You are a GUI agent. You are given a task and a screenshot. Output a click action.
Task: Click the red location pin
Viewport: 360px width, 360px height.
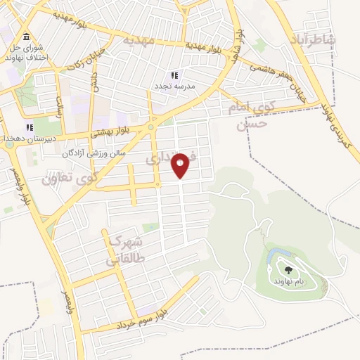tap(181, 165)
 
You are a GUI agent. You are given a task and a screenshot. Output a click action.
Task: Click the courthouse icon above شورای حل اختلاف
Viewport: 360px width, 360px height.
tap(26, 37)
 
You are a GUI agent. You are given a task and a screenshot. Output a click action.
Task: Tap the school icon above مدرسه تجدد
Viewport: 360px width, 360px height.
tap(174, 75)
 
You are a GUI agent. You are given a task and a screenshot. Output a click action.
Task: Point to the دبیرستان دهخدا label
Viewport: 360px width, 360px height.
tap(25, 139)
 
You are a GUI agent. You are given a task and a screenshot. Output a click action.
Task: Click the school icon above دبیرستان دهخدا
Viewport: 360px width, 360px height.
tap(30, 127)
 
